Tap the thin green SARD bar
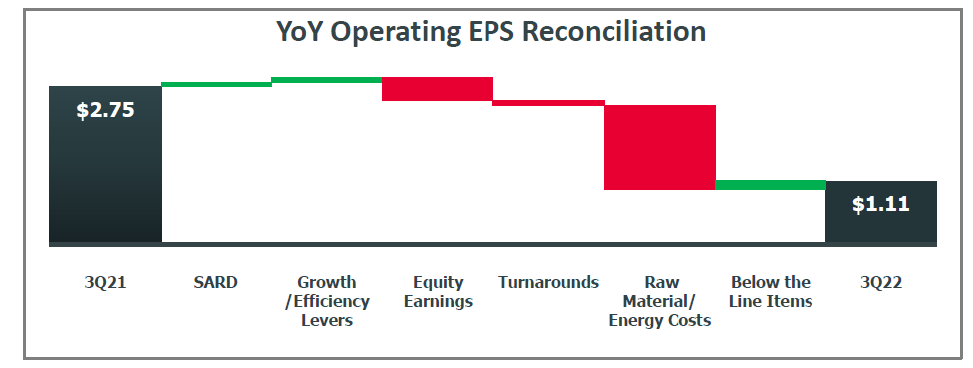(216, 84)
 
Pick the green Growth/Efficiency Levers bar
(327, 79)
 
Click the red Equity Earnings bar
(438, 89)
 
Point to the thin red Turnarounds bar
(549, 102)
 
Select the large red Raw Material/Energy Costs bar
(660, 148)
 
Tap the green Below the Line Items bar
(771, 184)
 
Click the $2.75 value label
(105, 110)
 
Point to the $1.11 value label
(880, 204)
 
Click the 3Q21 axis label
(105, 282)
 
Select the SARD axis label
(216, 282)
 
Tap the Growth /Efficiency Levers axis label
(327, 301)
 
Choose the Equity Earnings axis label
(438, 291)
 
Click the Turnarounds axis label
(549, 282)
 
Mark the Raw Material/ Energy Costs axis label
(660, 301)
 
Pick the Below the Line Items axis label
(771, 291)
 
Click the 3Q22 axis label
(881, 282)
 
